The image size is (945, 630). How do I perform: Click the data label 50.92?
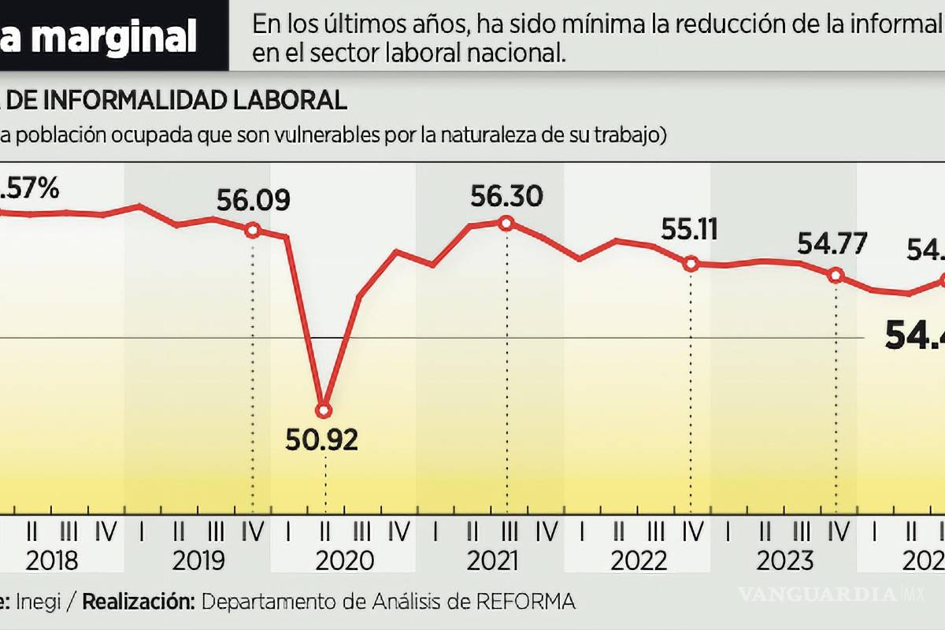[322, 439]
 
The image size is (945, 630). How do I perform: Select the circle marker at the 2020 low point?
[324, 409]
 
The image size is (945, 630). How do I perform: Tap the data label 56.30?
[506, 196]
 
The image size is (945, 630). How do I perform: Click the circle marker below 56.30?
[506, 223]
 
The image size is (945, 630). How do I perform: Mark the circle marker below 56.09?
[253, 230]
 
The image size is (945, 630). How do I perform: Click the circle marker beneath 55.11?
[691, 264]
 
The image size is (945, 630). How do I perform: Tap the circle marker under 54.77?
[836, 275]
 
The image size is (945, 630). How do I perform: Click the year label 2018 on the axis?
[52, 561]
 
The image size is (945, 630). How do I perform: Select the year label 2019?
[198, 561]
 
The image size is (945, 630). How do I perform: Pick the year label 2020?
[345, 561]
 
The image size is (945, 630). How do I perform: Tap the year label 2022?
[639, 561]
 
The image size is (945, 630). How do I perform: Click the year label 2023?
[785, 561]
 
